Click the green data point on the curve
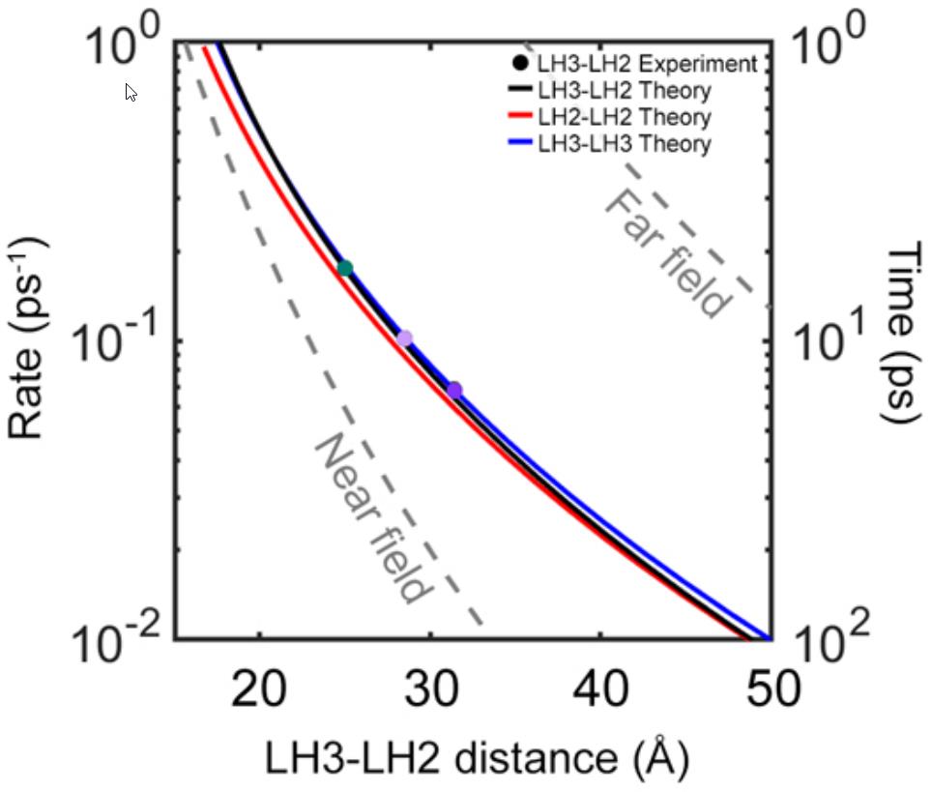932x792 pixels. [x=344, y=268]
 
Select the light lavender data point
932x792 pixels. [x=404, y=337]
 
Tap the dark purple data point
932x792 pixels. [x=453, y=390]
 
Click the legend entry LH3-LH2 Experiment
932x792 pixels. [x=634, y=65]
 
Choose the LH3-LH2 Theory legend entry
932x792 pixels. [x=625, y=91]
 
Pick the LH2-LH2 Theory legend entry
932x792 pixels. [x=625, y=117]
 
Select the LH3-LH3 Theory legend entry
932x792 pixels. [x=625, y=144]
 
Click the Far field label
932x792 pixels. [x=667, y=254]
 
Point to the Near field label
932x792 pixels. [x=370, y=518]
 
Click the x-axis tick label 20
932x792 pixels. [x=259, y=690]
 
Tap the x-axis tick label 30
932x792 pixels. [x=430, y=690]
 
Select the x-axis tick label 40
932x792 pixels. [x=600, y=690]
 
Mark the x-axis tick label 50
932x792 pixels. [x=770, y=690]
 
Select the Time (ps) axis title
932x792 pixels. [x=905, y=334]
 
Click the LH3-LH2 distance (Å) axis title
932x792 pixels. [x=477, y=761]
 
